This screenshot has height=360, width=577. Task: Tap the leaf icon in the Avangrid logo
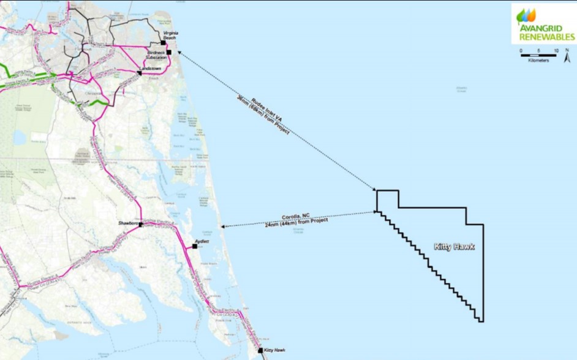(526, 15)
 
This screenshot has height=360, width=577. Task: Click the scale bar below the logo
(538, 56)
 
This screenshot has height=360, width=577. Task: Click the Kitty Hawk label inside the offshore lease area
(454, 247)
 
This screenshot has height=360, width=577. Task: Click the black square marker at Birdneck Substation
(168, 53)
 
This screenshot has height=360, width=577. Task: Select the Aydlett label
(202, 242)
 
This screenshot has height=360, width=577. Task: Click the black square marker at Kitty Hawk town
(260, 350)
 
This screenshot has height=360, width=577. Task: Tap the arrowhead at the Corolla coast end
(224, 227)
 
